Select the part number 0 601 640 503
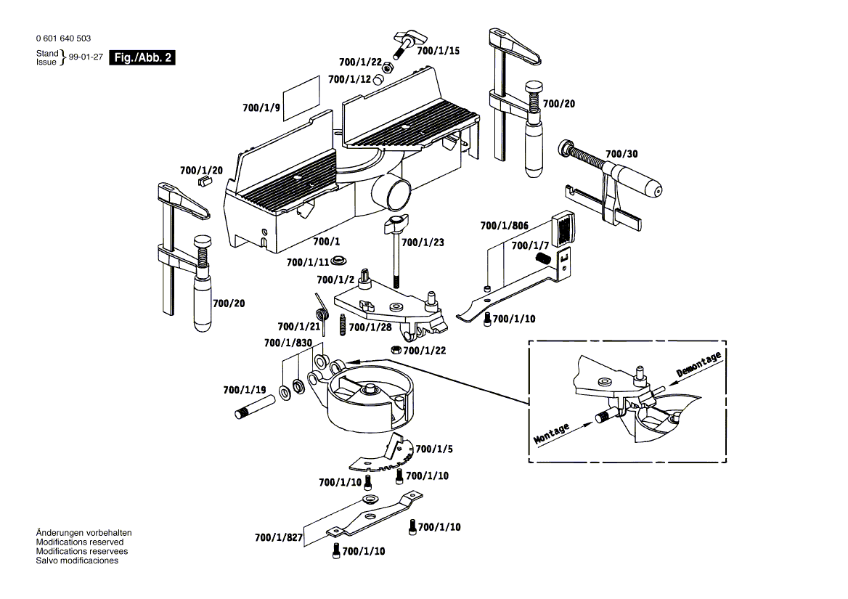tap(63, 38)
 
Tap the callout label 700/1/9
tap(261, 108)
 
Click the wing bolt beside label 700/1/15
tap(403, 44)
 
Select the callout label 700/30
tap(621, 154)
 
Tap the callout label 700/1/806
tap(504, 226)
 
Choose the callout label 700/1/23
tap(422, 243)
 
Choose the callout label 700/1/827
tap(278, 538)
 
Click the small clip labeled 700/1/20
tap(204, 179)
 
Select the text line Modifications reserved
tap(80, 542)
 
